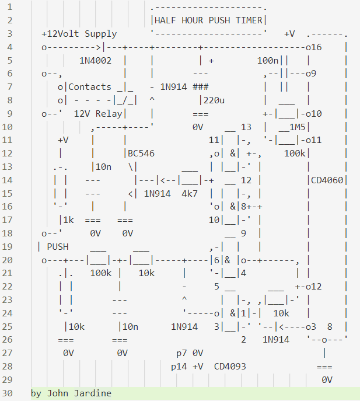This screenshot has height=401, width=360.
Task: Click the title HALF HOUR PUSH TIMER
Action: coord(208,20)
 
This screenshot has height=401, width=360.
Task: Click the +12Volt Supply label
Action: coord(79,34)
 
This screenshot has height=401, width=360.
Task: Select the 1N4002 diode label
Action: coord(99,60)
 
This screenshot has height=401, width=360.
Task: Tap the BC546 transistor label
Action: coord(140,154)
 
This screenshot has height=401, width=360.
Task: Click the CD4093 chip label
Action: coord(230,367)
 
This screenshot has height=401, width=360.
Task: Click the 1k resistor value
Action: coord(68,219)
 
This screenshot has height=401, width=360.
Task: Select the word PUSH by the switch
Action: coord(57,246)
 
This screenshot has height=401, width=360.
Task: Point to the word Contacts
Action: coord(90,87)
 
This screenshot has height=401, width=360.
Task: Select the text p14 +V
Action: coord(187,367)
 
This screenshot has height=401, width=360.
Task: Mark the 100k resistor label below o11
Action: coord(296,154)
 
